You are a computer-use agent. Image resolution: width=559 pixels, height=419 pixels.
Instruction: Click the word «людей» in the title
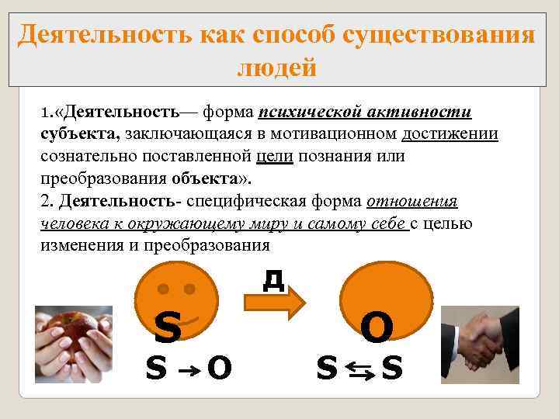pyautogui.click(x=277, y=68)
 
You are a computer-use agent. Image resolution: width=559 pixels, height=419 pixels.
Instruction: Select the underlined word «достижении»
pyautogui.click(x=450, y=134)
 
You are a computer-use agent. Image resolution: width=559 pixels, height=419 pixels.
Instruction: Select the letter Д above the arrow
pyautogui.click(x=273, y=278)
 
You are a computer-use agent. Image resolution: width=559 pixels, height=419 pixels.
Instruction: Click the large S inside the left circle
pyautogui.click(x=168, y=327)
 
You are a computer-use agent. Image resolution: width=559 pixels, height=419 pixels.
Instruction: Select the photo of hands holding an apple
pyautogui.click(x=69, y=343)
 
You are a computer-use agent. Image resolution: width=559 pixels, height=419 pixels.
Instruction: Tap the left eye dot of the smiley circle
pyautogui.click(x=164, y=289)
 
